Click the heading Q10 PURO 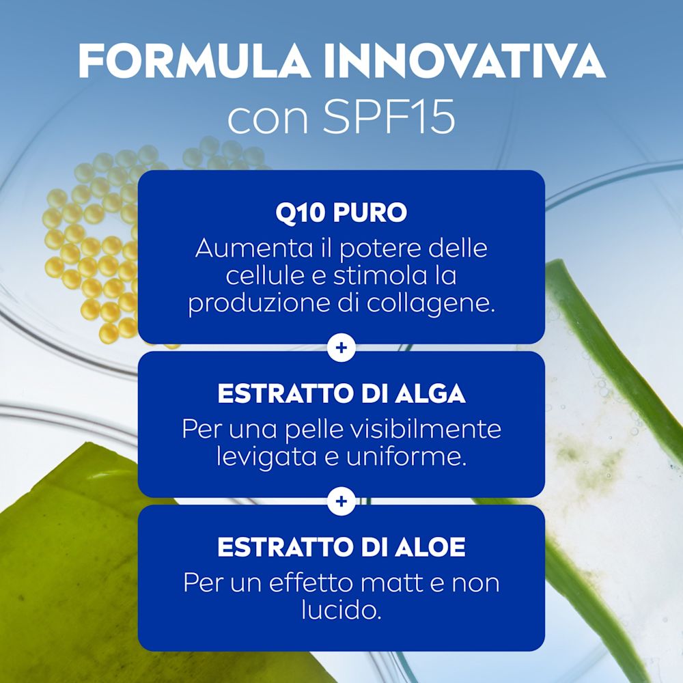pos(341,212)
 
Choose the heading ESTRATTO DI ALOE pos(341,548)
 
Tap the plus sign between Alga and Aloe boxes pos(341,502)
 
